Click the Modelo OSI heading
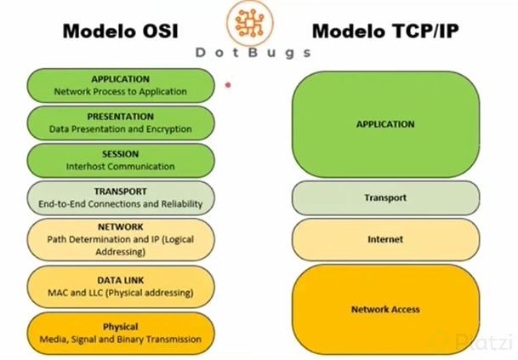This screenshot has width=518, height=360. (x=119, y=31)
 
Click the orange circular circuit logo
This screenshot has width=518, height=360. (x=253, y=21)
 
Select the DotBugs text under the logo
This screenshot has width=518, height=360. (x=253, y=52)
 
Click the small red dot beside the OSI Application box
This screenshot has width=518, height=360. (x=228, y=84)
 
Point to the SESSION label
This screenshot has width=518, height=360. (x=120, y=154)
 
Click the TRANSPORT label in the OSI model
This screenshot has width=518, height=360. (x=120, y=191)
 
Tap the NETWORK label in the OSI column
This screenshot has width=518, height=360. (x=120, y=227)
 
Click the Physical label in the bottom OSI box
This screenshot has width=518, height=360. (x=120, y=326)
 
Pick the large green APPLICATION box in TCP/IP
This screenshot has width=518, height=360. (x=384, y=124)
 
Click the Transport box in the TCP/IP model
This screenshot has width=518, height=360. (x=384, y=197)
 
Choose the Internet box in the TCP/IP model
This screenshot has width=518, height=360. (x=384, y=239)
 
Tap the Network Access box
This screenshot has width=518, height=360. (x=384, y=309)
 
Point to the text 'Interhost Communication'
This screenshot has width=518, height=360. (x=120, y=167)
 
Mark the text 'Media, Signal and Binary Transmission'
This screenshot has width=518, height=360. (x=120, y=339)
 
